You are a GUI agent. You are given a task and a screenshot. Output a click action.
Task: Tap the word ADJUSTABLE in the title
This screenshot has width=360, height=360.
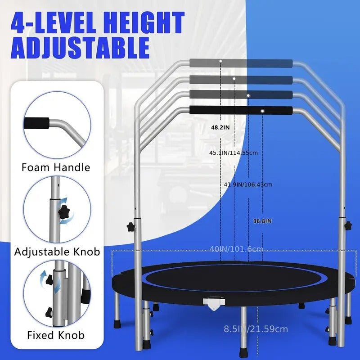click(x=80, y=48)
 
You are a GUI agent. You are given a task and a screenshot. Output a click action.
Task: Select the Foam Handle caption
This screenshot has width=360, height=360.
click(x=56, y=168)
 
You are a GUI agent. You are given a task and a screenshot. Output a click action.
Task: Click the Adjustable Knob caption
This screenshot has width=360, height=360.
click(x=57, y=251)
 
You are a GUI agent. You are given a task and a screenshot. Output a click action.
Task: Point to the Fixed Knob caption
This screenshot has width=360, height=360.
click(x=56, y=335)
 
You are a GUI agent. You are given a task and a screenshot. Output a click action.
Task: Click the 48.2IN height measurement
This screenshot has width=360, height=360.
click(x=220, y=127)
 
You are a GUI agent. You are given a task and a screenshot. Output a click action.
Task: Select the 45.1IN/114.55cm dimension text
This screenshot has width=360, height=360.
click(x=234, y=153)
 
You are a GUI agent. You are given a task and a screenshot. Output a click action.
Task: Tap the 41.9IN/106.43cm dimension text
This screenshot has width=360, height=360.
click(x=248, y=184)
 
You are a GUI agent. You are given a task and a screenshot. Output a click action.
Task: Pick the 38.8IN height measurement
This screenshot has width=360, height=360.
click(x=262, y=221)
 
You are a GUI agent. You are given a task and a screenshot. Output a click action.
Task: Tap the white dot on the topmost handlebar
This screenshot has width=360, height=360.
click(x=220, y=60)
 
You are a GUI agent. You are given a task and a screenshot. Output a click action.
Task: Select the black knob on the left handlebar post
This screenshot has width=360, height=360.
click(x=131, y=226)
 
